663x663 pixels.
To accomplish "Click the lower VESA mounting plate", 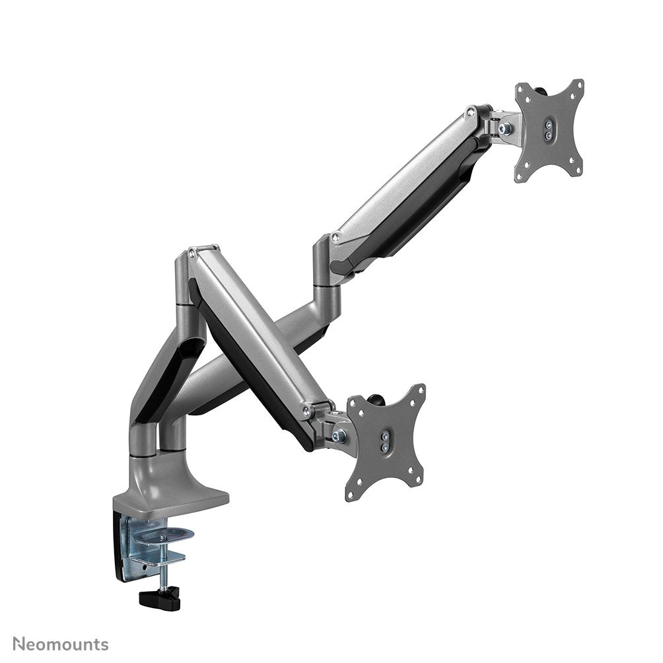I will [x=385, y=442].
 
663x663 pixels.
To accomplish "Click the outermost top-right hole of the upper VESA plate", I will [x=580, y=85].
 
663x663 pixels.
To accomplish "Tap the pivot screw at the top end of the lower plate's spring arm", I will [x=192, y=252].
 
